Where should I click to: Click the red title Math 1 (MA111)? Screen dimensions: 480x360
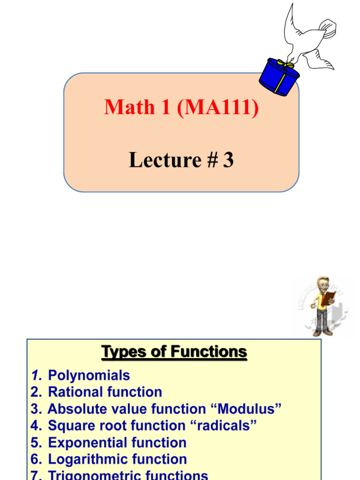(181, 107)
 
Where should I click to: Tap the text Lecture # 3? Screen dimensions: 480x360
(181, 160)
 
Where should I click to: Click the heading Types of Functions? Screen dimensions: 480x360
(174, 352)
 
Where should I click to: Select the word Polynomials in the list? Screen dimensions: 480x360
(89, 375)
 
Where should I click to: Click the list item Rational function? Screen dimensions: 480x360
(105, 392)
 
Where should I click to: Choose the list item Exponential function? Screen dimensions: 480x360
(117, 442)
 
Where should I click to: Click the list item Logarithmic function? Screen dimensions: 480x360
(117, 459)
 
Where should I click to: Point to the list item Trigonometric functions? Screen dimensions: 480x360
(128, 475)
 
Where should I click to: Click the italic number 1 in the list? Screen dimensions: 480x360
(36, 375)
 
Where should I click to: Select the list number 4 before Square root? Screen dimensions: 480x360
(36, 426)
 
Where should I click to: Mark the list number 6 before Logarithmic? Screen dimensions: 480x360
(36, 459)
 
